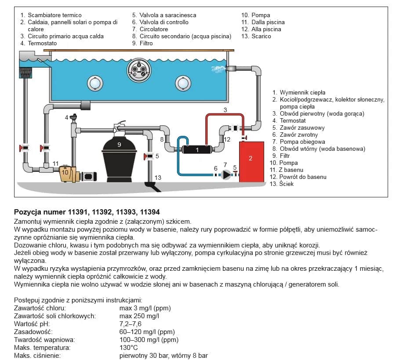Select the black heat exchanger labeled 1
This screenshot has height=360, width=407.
pos(197,149)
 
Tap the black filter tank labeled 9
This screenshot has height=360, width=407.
pos(119,158)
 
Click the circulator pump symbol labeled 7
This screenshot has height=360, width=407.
pos(226,175)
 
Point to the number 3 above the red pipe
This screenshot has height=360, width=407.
pos(225,109)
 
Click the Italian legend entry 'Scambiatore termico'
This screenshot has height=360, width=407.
pos(55,15)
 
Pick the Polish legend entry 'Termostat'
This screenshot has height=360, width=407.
pos(293,121)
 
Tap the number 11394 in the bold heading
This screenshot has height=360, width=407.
pos(150,212)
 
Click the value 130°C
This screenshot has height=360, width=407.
pos(128,348)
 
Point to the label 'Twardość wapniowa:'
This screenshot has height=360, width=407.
pos(44,340)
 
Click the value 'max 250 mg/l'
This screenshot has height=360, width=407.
pos(139,316)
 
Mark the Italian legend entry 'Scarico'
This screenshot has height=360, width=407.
pos(261,36)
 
